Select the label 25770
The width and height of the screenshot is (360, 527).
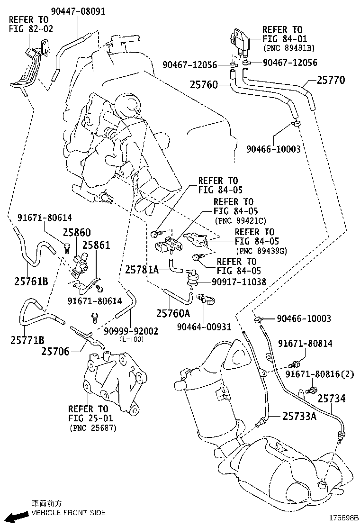[x=331, y=81]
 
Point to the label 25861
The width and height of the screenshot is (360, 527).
[x=96, y=245]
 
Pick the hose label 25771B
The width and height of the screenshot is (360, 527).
[x=27, y=340]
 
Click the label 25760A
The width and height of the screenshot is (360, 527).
[x=173, y=313]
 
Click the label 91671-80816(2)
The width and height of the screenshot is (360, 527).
[x=319, y=374]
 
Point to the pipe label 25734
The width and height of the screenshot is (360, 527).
[x=332, y=399]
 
